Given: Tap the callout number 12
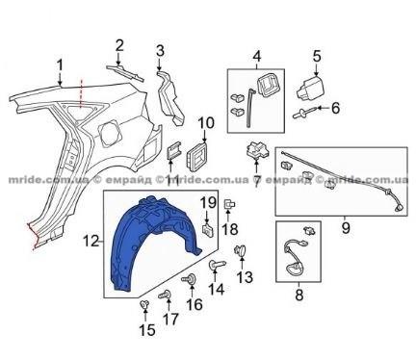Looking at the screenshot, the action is (x=91, y=241).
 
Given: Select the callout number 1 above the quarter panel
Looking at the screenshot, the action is (x=60, y=65).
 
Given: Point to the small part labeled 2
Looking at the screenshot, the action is (x=125, y=72).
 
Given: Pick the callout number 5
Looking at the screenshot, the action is (x=317, y=56).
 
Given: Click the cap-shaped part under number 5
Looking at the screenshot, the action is (x=310, y=88).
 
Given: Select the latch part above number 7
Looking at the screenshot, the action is (x=257, y=150).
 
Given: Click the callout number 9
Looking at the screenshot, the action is (x=346, y=228).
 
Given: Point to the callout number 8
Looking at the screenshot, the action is (x=299, y=295).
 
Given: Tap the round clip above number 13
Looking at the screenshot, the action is (x=240, y=250).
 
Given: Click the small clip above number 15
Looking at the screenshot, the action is (x=145, y=305).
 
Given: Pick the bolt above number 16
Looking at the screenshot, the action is (x=190, y=279).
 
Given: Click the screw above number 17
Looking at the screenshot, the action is (x=166, y=294).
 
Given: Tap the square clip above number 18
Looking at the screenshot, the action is (x=229, y=204).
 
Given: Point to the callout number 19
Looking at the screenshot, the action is (x=208, y=203).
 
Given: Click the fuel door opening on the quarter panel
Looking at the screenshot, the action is (x=109, y=131).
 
